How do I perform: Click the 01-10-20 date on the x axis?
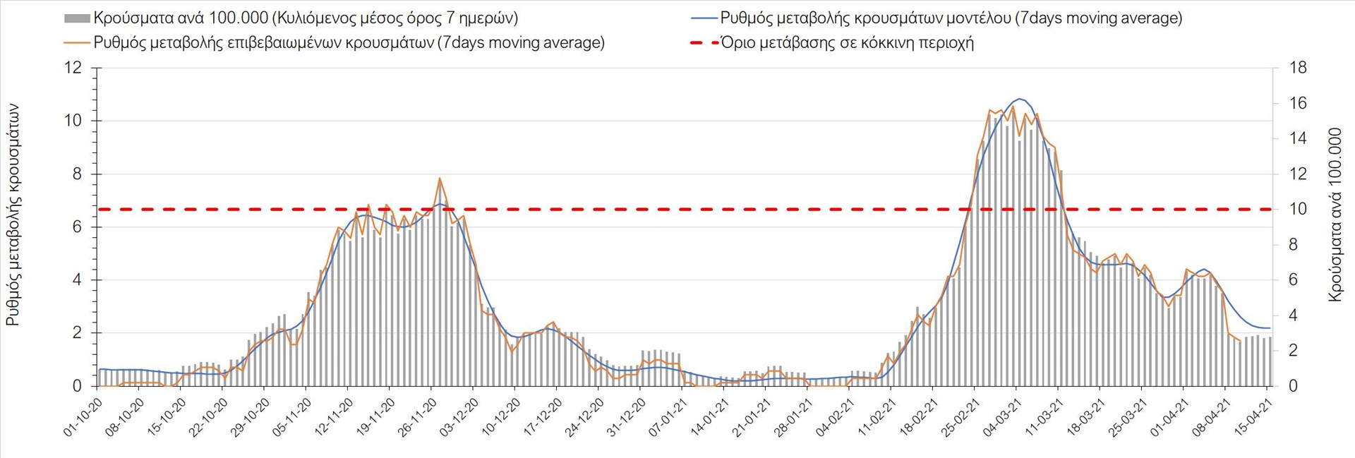(83, 417)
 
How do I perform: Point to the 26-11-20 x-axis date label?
(417, 417)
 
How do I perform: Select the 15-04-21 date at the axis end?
(1253, 417)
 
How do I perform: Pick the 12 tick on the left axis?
(73, 68)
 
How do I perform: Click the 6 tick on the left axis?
(77, 227)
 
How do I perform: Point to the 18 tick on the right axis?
(1298, 68)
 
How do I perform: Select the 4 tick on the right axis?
(1294, 315)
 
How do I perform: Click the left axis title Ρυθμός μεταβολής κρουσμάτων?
(13, 215)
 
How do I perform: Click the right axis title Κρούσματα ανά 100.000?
(1335, 215)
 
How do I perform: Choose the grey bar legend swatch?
(77, 18)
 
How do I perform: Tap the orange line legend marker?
(77, 42)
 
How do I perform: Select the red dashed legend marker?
(704, 42)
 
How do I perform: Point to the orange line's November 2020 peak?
(439, 179)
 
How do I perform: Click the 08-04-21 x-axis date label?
(1211, 417)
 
